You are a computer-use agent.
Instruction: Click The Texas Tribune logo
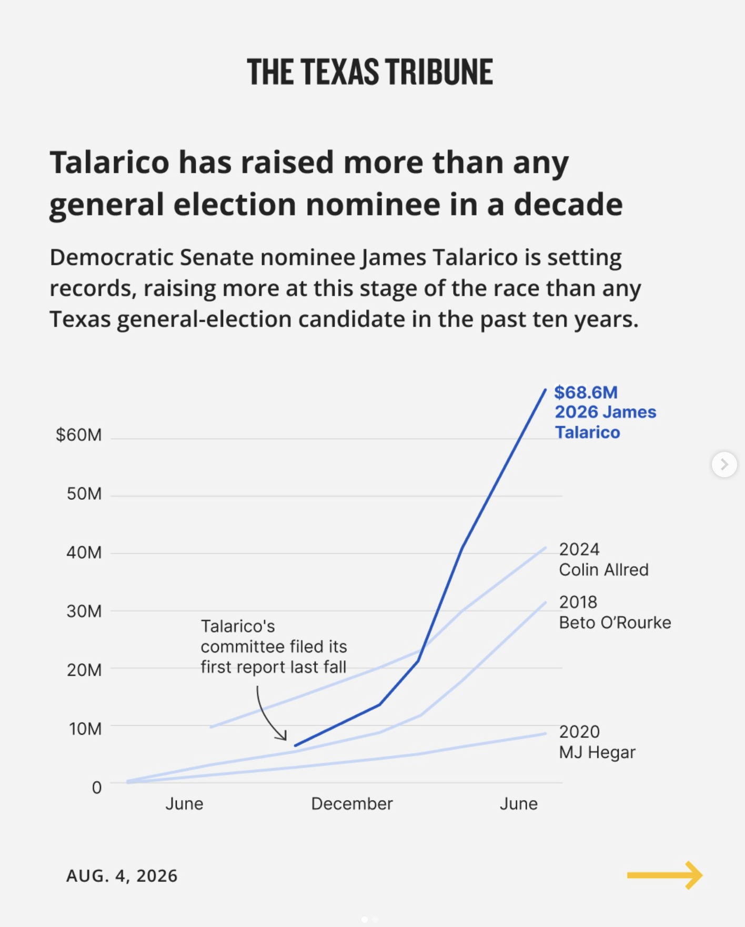[370, 72]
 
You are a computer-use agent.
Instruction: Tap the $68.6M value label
[586, 392]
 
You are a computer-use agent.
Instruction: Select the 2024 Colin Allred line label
[603, 559]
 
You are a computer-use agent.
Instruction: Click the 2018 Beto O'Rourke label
[615, 613]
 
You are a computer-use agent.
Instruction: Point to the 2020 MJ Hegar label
[597, 742]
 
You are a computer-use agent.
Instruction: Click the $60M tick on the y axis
[79, 435]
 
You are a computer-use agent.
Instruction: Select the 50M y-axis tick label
[84, 494]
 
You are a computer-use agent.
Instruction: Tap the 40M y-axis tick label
[84, 553]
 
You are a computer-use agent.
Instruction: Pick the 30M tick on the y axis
[84, 612]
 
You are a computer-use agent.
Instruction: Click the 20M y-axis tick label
[84, 670]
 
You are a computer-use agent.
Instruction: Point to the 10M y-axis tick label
[85, 729]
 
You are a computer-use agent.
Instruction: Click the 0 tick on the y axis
[97, 787]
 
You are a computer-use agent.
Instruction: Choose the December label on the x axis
[352, 804]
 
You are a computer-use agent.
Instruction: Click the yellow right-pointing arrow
[665, 875]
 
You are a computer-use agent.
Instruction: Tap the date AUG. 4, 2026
[122, 876]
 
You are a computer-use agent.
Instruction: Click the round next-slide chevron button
[724, 465]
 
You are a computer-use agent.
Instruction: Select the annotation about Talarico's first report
[274, 647]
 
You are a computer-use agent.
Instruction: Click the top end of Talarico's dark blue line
[546, 389]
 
